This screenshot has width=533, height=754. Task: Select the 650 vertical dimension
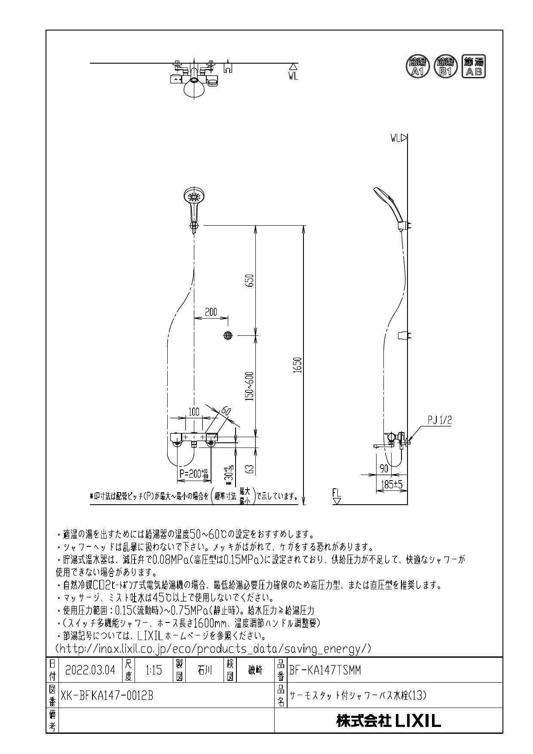click(251, 280)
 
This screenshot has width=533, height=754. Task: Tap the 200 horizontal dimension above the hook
click(211, 312)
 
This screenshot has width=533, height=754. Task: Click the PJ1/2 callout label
click(440, 420)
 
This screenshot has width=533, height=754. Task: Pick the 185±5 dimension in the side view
click(392, 485)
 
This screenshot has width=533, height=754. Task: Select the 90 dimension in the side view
click(383, 468)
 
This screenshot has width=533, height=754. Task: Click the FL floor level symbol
click(337, 496)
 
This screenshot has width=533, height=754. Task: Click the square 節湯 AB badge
click(474, 67)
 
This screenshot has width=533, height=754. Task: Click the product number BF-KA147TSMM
click(325, 670)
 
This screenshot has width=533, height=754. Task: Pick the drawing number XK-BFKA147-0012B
click(107, 695)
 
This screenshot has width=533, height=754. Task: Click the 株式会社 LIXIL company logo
click(389, 721)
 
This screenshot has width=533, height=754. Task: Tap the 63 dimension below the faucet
click(251, 468)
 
